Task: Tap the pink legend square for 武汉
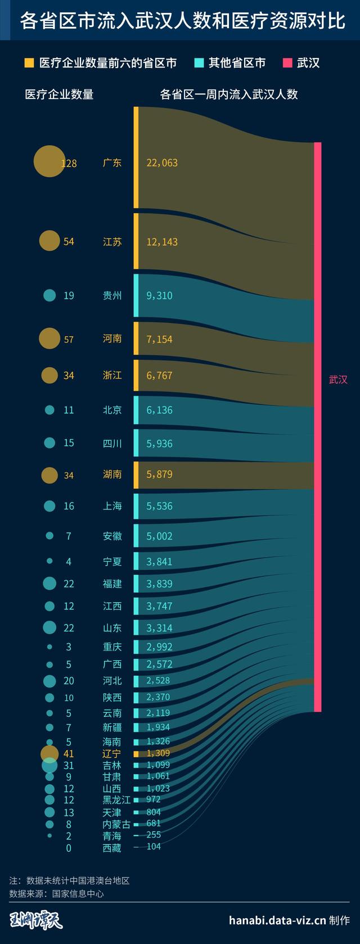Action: point(287,62)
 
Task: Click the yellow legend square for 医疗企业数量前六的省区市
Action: point(29,62)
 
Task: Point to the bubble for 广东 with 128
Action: point(49,161)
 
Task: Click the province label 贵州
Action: point(112,296)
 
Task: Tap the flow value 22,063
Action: point(162,163)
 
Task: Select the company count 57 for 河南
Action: point(69,340)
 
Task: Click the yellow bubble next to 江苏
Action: point(49,241)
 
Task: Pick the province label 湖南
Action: point(112,475)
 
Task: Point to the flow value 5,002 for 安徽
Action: point(159,536)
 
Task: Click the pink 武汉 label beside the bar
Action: point(338,380)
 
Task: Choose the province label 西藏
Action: point(112,848)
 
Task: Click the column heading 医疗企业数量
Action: point(59,94)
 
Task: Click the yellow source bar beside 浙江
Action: point(136,375)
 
